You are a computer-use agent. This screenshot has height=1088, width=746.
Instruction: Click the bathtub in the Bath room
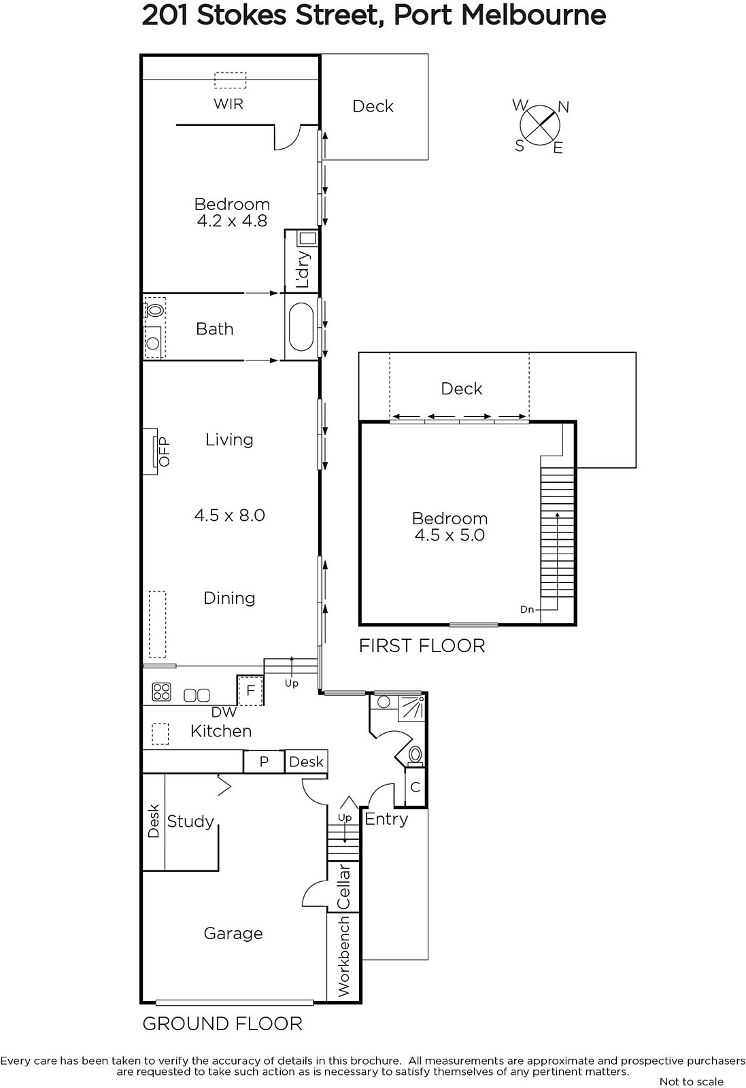coord(301,327)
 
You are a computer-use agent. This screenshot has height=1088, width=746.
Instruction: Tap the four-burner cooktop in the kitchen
coord(161,692)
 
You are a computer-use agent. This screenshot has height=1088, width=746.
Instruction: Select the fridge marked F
coord(250,690)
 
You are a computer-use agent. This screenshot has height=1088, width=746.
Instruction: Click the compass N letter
coord(563,107)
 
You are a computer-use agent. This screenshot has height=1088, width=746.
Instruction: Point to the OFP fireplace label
coord(165,452)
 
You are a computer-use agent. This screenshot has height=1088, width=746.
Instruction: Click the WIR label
coord(228,104)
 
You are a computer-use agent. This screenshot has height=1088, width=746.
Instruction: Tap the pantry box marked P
coord(264,761)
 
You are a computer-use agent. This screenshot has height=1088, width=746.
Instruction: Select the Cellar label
coord(343,887)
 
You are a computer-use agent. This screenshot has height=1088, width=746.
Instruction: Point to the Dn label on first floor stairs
coord(527,609)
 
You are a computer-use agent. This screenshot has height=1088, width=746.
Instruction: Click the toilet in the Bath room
coord(154,309)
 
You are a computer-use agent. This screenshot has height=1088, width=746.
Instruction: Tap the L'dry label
coord(302,269)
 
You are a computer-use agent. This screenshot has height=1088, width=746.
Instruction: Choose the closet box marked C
coord(416,787)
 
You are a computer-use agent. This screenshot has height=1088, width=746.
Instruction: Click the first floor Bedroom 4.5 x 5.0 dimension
coord(450,535)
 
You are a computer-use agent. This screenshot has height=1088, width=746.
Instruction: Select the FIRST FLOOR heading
coord(422,646)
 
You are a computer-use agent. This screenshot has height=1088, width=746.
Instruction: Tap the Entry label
coord(386,819)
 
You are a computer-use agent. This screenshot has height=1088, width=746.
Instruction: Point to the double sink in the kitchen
coord(197,696)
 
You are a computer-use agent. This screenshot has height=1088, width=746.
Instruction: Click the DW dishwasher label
coord(224,712)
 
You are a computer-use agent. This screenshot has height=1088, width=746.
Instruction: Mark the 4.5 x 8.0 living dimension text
coord(230,515)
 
